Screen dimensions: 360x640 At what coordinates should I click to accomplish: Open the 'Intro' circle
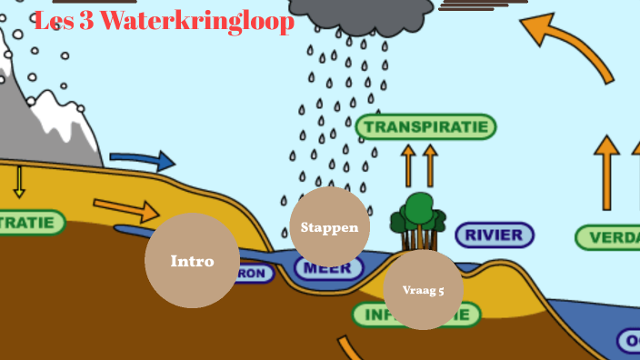192,261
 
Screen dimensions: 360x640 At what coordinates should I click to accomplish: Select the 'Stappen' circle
329,227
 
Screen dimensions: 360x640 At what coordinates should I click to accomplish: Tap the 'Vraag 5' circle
424,290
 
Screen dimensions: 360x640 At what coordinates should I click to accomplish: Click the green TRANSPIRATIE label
425,127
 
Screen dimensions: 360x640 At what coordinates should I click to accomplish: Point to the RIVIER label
494,235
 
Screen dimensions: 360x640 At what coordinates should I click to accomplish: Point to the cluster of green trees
418,219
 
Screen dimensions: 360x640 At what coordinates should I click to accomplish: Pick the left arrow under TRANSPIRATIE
408,165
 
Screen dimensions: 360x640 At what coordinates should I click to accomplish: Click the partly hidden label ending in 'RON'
254,274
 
